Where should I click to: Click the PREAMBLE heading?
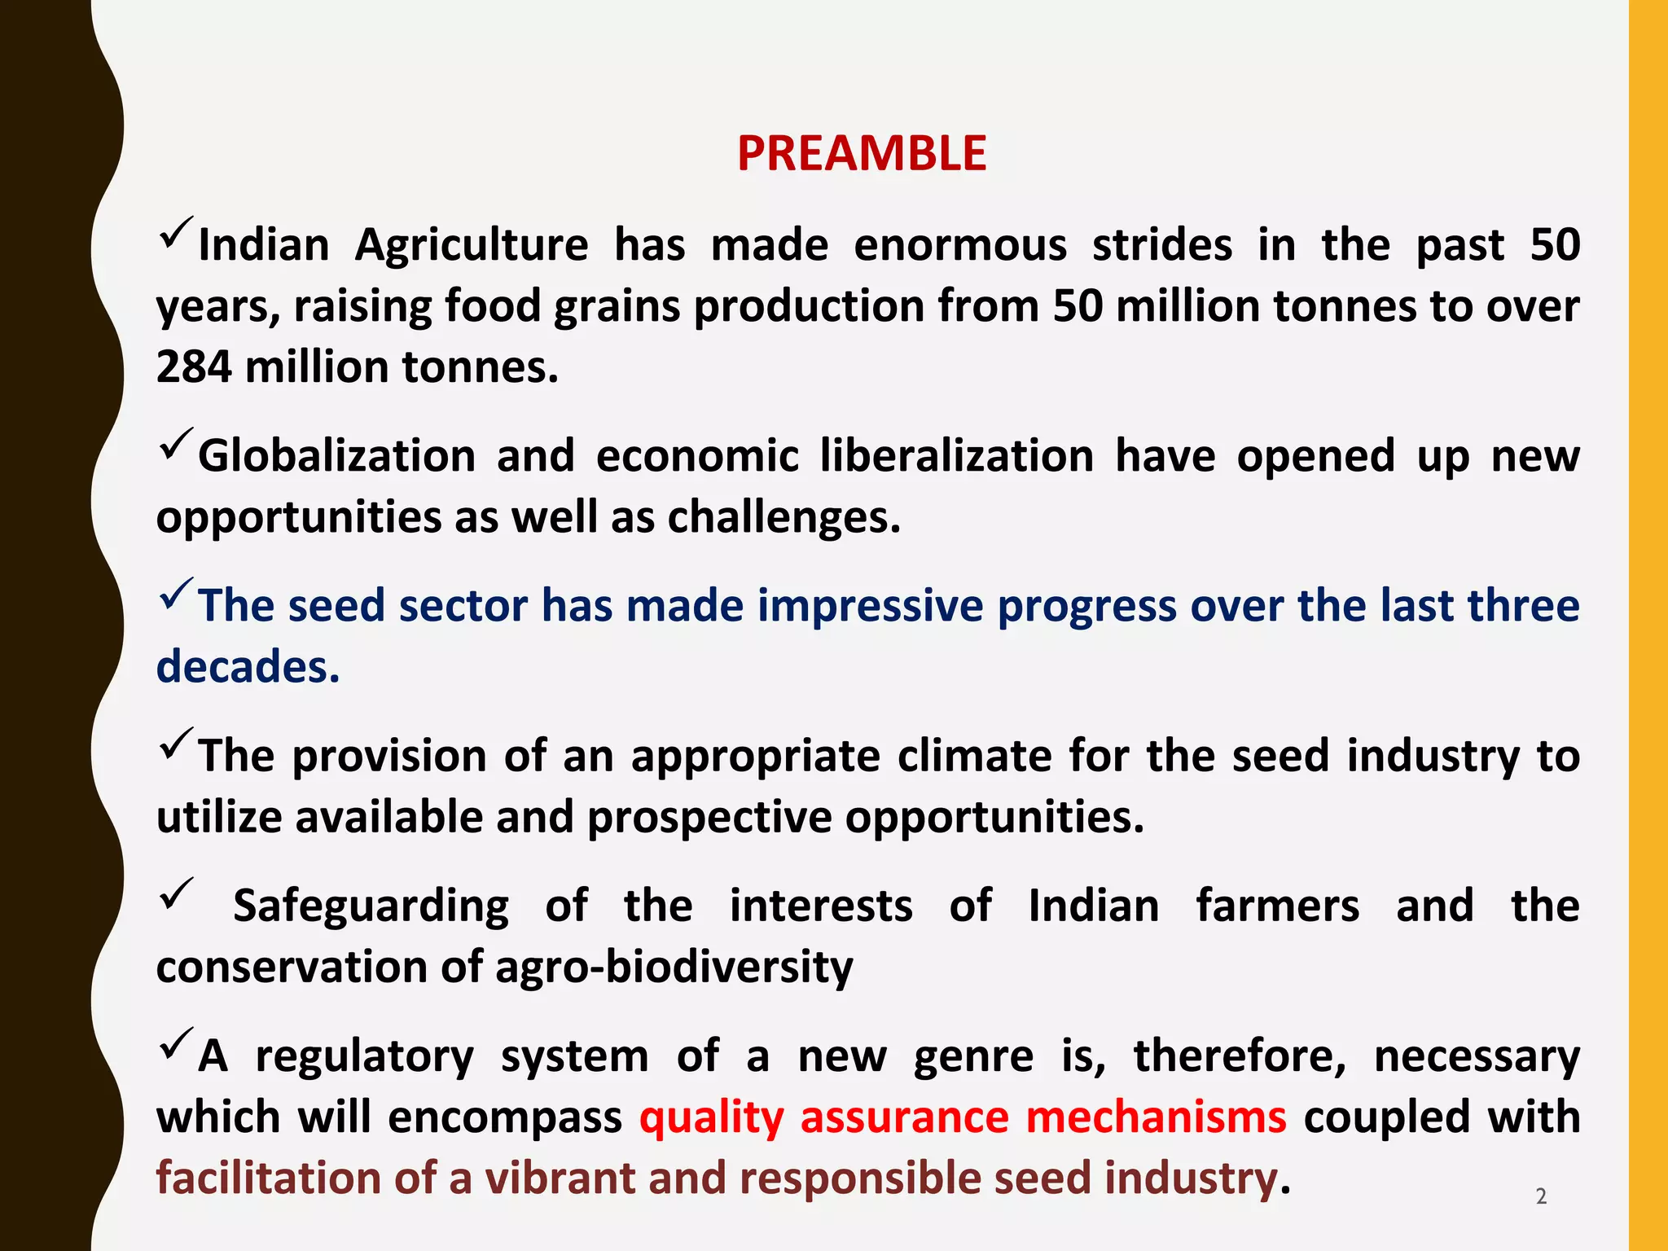click(x=861, y=153)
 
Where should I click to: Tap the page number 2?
click(x=1540, y=1196)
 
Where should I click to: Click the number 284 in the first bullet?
click(x=193, y=367)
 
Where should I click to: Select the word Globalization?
click(x=336, y=455)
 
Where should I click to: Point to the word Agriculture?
click(x=472, y=245)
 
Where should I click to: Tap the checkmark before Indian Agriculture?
click(x=176, y=233)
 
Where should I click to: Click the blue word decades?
click(x=247, y=666)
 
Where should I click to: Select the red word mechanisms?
click(x=1156, y=1117)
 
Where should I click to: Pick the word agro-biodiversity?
click(x=674, y=967)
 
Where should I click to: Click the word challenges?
click(x=784, y=516)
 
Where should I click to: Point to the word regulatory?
click(x=364, y=1056)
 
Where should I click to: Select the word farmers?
click(x=1277, y=906)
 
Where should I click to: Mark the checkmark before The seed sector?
click(x=176, y=594)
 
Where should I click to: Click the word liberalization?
click(x=956, y=455)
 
